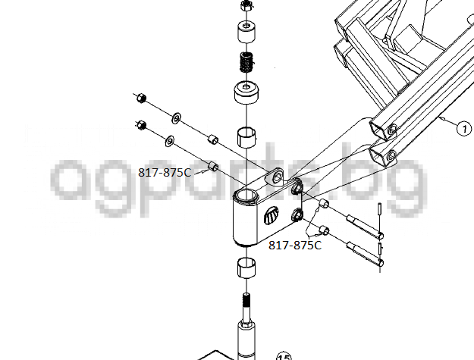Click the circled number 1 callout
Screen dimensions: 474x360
coord(463,129)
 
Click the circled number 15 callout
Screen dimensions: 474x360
coord(284,356)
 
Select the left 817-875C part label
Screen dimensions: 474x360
coord(165,173)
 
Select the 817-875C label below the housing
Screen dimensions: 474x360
coord(295,245)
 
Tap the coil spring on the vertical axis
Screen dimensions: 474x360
coord(246,62)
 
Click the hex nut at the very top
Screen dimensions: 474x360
coord(246,5)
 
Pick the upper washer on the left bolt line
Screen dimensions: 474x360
coord(176,117)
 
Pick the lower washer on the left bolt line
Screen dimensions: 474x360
coord(170,141)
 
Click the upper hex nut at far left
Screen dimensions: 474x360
coord(141,99)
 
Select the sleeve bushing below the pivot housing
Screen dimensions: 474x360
coord(246,268)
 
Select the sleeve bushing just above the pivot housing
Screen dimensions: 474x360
coord(246,138)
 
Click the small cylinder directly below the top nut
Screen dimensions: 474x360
coord(246,31)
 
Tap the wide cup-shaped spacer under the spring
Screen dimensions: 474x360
coord(246,92)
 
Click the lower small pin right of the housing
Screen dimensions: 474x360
coord(380,249)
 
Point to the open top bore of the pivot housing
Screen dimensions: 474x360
coord(245,196)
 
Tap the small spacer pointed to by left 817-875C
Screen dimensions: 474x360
coord(213,167)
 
